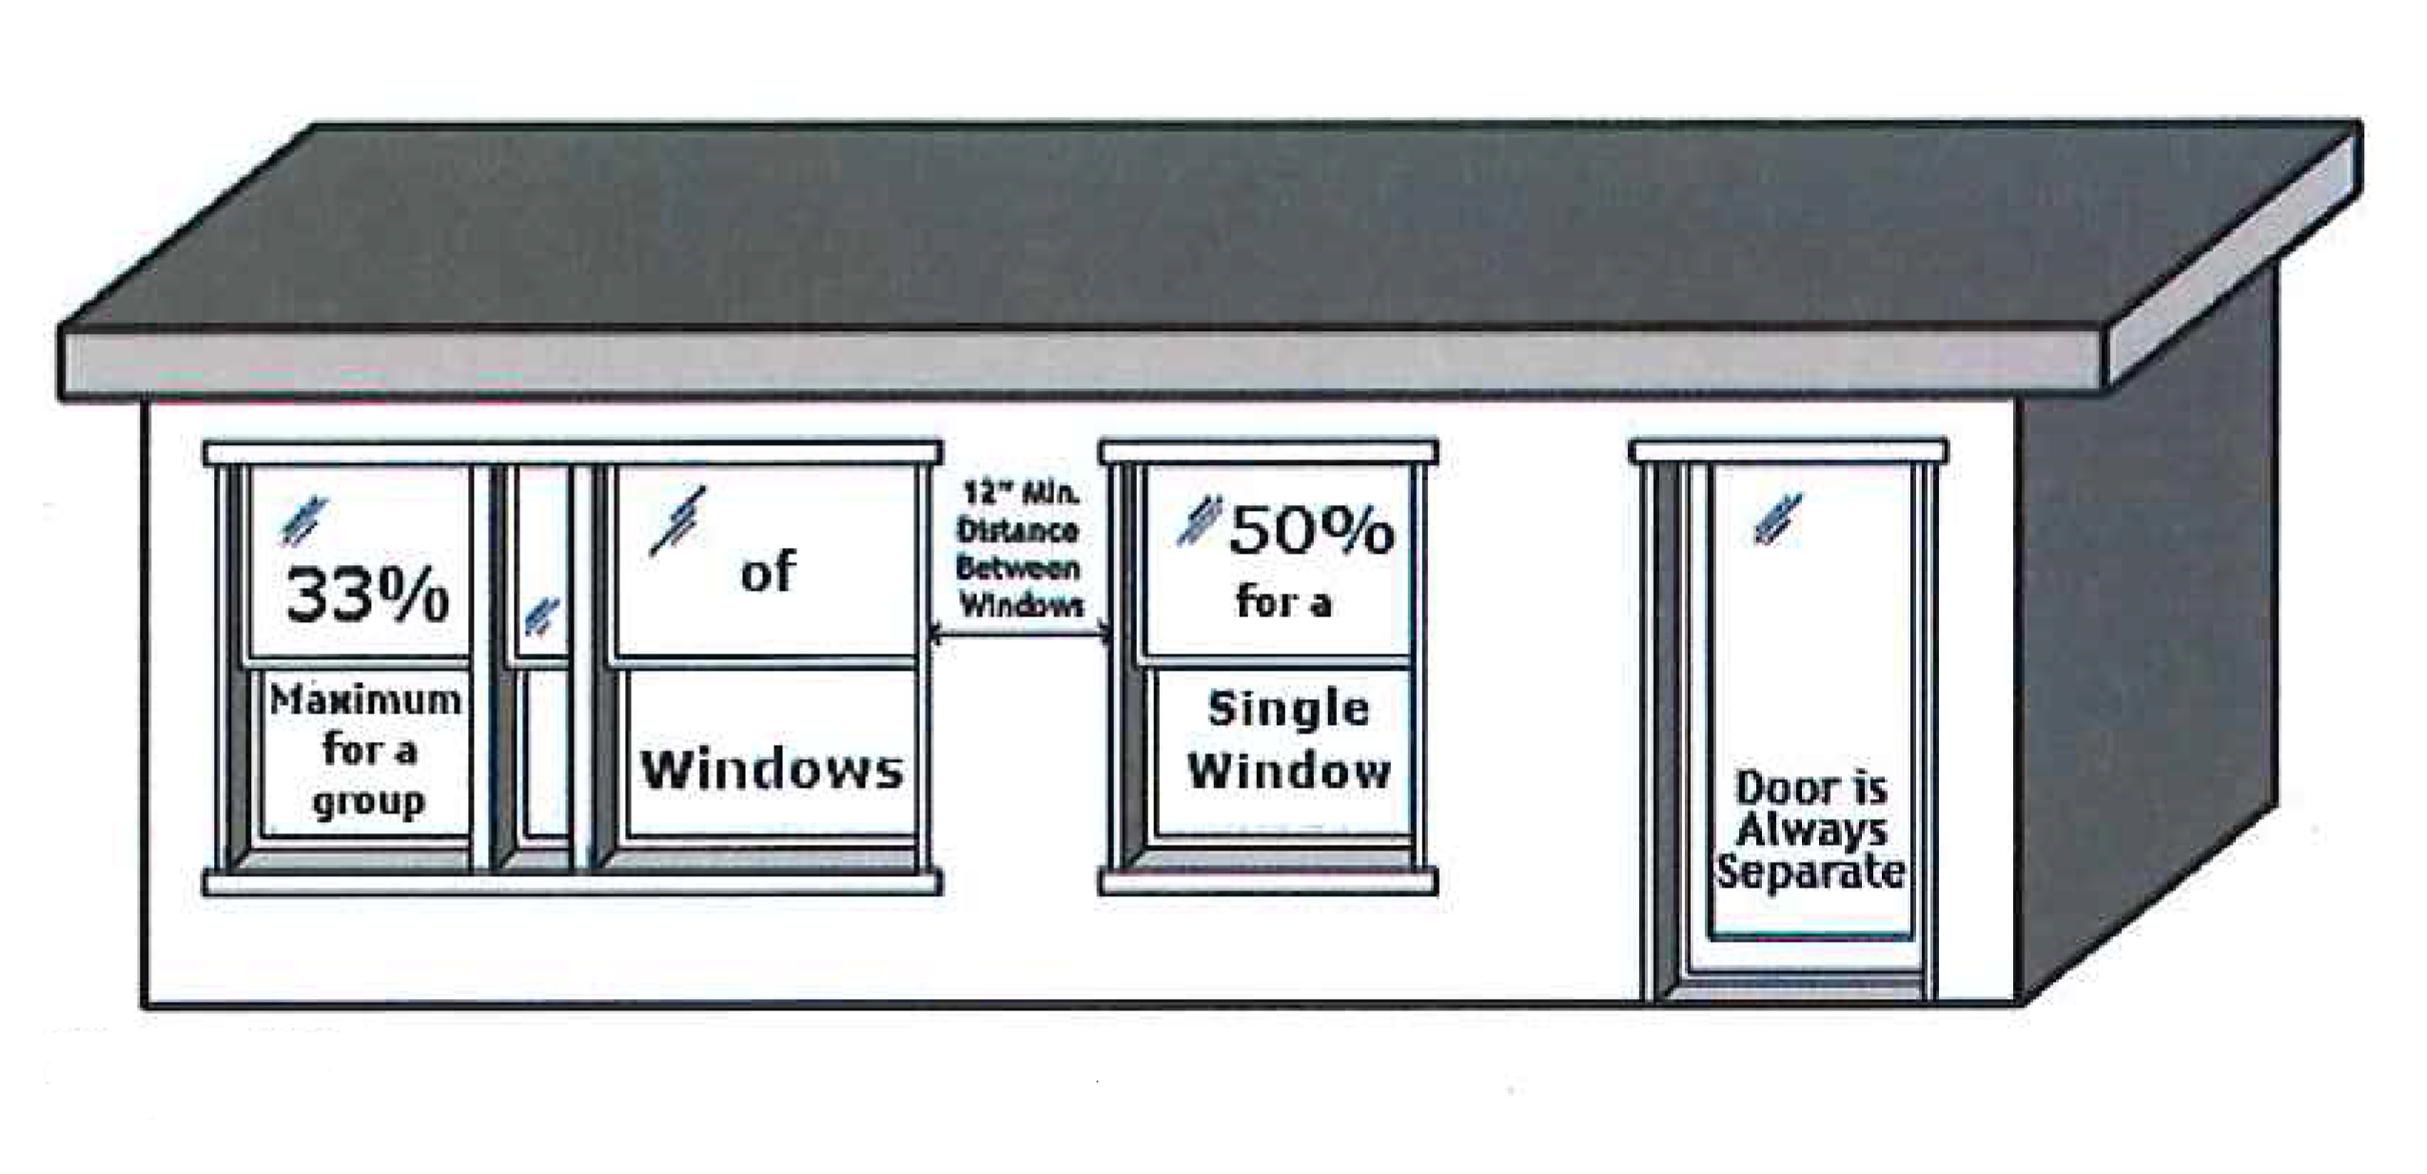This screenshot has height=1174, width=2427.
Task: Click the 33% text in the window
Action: pyautogui.click(x=367, y=596)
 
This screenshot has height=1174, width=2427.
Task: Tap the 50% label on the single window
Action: pyautogui.click(x=1311, y=531)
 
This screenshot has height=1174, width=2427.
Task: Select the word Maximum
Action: pyautogui.click(x=365, y=701)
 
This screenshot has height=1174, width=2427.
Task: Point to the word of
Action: pyautogui.click(x=767, y=572)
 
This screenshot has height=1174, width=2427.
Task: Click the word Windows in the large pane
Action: pyautogui.click(x=772, y=769)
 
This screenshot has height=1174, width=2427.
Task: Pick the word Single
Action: pyautogui.click(x=1288, y=709)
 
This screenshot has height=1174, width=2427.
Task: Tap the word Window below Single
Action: pyautogui.click(x=1288, y=770)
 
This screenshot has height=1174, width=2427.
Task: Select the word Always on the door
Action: pyautogui.click(x=1810, y=830)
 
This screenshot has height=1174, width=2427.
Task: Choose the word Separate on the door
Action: pyautogui.click(x=1810, y=871)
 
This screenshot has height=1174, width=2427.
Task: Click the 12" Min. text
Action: pyautogui.click(x=1020, y=493)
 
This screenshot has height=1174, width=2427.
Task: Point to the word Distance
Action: pyautogui.click(x=1017, y=530)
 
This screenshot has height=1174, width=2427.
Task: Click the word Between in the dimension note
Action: pyautogui.click(x=1017, y=568)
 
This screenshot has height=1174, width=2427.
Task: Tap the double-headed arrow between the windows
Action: pyautogui.click(x=1020, y=631)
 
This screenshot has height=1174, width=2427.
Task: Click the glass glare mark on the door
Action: pyautogui.click(x=1777, y=519)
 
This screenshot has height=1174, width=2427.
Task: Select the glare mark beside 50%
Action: pyautogui.click(x=1198, y=521)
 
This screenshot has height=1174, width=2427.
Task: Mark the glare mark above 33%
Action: pyautogui.click(x=303, y=521)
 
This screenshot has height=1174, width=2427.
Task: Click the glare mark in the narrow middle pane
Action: pyautogui.click(x=541, y=617)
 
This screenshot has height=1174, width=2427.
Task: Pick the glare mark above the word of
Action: pyautogui.click(x=678, y=520)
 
